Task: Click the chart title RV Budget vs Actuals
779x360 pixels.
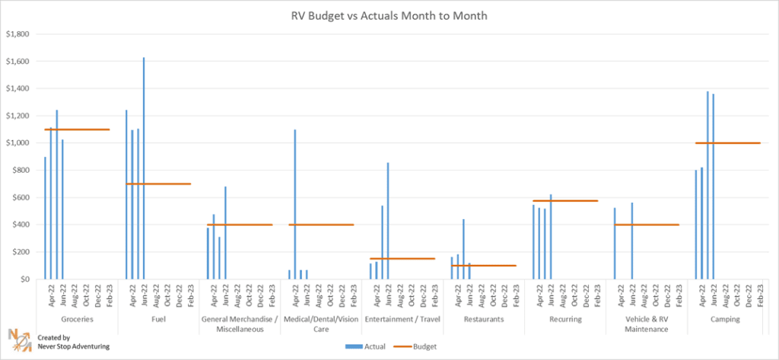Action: pos(389,15)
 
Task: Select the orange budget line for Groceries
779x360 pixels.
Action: pos(77,129)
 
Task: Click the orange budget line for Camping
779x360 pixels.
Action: pos(728,143)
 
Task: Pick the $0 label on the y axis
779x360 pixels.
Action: pos(23,279)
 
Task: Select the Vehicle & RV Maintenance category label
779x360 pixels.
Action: pos(646,324)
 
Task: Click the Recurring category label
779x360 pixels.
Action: pos(565,320)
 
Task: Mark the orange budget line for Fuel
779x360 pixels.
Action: pos(158,183)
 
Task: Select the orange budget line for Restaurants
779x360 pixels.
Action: pos(484,266)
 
